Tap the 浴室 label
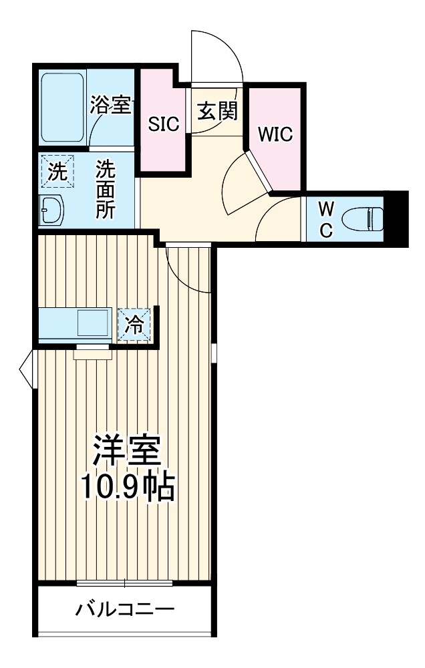coord(110,105)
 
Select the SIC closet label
coord(164,124)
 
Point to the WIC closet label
coord(276,134)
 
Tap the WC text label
coord(325,219)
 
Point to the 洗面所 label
coord(105,190)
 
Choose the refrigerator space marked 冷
coord(135,325)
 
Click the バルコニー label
coord(125,609)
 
